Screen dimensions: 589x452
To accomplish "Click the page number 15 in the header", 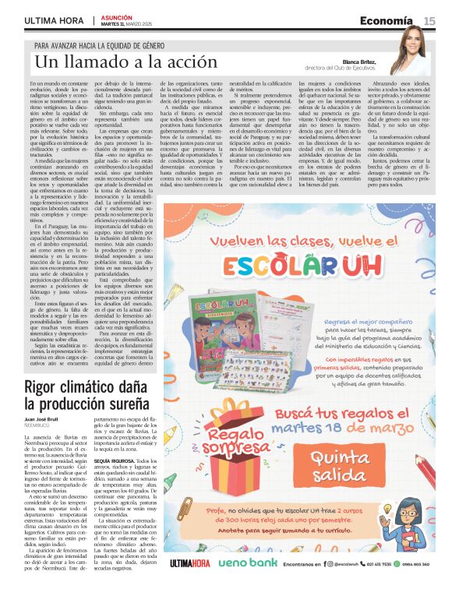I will (x=429, y=19).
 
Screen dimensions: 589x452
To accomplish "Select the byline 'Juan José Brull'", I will (x=44, y=420).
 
